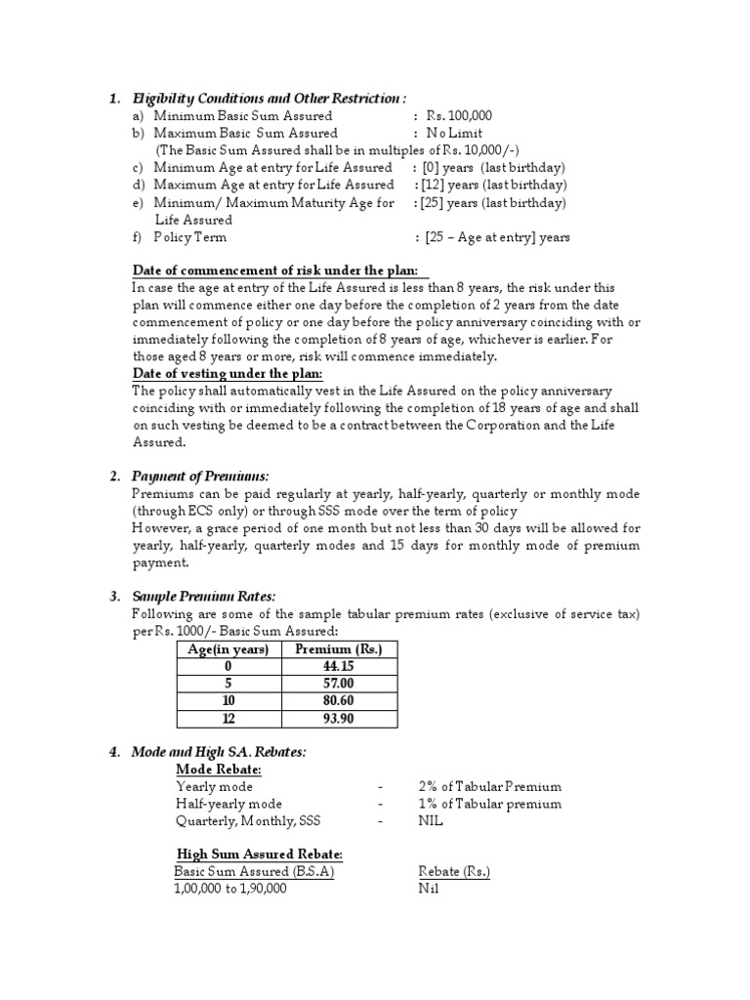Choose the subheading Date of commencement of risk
pyautogui.click(x=276, y=271)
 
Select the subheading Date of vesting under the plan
pyautogui.click(x=228, y=374)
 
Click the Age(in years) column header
pyautogui.click(x=229, y=649)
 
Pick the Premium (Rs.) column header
pyautogui.click(x=339, y=649)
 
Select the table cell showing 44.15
pyautogui.click(x=339, y=666)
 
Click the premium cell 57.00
pyautogui.click(x=339, y=684)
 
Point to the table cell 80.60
pyautogui.click(x=339, y=701)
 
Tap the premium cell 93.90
pyautogui.click(x=339, y=719)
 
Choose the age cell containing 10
pyautogui.click(x=229, y=701)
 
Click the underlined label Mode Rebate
pyautogui.click(x=212, y=769)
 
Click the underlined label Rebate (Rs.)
pyautogui.click(x=453, y=871)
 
